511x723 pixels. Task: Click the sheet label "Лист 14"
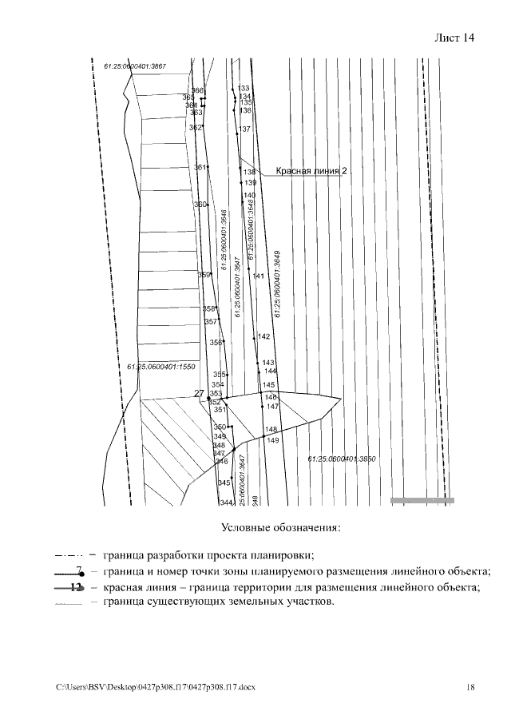454,38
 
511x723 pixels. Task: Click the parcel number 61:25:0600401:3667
134,66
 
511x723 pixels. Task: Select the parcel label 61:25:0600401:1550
160,367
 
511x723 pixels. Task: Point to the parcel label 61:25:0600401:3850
342,459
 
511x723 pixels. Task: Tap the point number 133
244,88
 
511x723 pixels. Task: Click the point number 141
259,276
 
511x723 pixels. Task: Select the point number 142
264,336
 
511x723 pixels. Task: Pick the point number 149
272,440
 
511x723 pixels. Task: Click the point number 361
200,167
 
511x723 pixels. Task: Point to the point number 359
204,275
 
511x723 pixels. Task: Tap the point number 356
216,342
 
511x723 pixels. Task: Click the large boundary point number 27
200,393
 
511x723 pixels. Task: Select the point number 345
224,483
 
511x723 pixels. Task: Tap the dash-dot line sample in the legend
71,555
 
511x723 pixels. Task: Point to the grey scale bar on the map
422,500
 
